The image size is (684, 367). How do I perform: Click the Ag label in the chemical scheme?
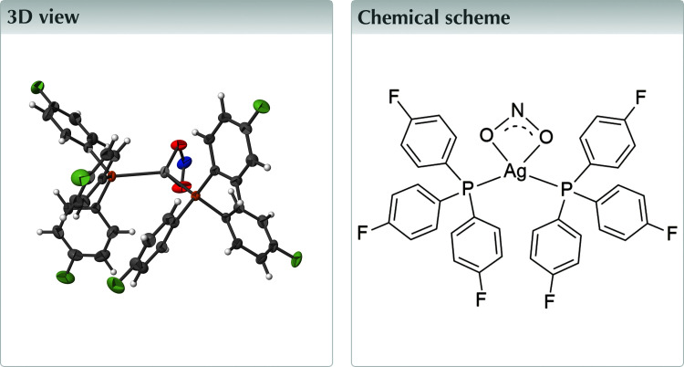[x=515, y=171]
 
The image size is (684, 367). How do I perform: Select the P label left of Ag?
[x=467, y=189]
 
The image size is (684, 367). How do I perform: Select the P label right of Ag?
[x=565, y=189]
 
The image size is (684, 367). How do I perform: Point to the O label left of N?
[x=485, y=137]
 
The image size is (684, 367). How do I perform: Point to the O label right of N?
[x=547, y=137]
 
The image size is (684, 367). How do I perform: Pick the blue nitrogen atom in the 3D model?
[x=184, y=164]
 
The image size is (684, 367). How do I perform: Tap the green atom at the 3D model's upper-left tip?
[x=38, y=88]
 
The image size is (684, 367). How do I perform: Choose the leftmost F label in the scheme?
[x=362, y=232]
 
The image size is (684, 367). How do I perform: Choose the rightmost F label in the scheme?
[x=670, y=232]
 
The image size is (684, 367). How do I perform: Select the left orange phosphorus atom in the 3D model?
[x=110, y=174]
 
